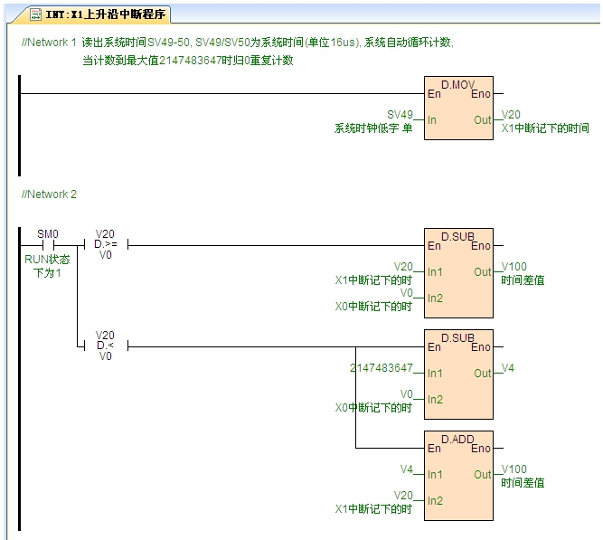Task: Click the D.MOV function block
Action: click(x=458, y=109)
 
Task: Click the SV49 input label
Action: click(x=399, y=115)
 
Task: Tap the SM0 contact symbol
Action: click(x=48, y=244)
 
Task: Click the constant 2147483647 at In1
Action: click(x=381, y=368)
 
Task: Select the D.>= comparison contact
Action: click(x=105, y=244)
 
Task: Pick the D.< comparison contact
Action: click(x=105, y=346)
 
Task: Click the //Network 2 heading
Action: click(x=49, y=194)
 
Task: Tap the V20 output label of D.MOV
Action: click(x=511, y=115)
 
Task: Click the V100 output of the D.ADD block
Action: click(x=513, y=469)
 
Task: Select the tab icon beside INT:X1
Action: click(x=35, y=14)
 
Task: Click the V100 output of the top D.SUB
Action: click(x=513, y=267)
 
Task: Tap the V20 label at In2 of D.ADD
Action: click(x=403, y=495)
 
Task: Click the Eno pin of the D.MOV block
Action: click(x=480, y=93)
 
